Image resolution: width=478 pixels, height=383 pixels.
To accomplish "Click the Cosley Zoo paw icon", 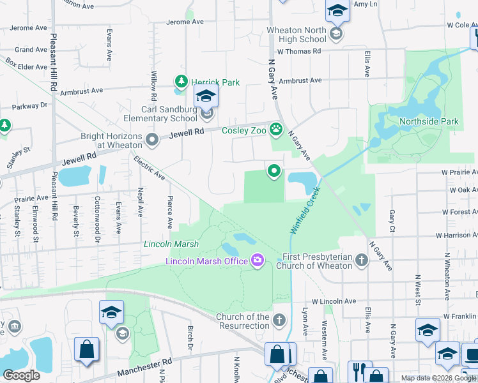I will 276,130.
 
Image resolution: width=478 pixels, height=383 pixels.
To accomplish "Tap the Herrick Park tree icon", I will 181,82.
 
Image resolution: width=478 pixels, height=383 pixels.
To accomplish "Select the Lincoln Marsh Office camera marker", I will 258,260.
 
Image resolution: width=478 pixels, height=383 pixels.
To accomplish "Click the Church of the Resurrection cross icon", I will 279,320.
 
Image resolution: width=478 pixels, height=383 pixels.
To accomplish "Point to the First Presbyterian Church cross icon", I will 362,260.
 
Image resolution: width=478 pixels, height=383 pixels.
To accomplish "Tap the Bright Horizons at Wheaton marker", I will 152,140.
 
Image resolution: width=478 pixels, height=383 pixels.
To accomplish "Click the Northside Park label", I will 429,121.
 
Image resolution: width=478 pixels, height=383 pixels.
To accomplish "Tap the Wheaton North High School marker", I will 336,33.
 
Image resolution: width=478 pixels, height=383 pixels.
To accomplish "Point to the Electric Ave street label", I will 149,168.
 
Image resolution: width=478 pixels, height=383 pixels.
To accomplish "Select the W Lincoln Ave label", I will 334,301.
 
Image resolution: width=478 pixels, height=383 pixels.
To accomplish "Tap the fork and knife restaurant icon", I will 357,370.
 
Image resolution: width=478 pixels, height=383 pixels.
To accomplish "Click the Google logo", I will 22,375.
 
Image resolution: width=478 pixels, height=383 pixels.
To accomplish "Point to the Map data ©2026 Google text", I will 438,378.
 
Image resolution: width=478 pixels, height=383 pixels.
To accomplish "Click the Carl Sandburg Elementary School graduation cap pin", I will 206,97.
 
